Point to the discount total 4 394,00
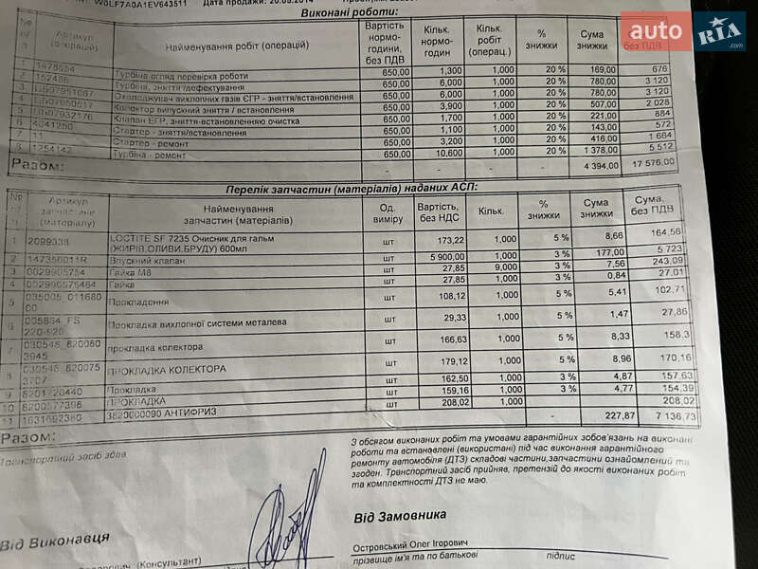pos(592,166)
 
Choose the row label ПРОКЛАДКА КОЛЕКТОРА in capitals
pos(167,368)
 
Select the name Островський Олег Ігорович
pos(409,547)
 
